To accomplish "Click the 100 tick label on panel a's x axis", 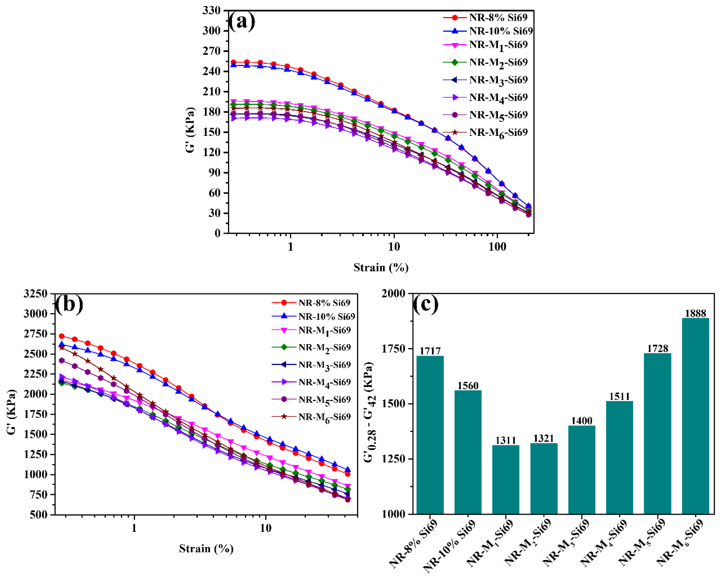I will tap(497, 247).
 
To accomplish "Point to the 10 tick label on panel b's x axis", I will tap(265, 528).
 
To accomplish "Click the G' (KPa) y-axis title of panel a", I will tap(190, 130).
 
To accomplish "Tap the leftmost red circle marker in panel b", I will tap(62, 336).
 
